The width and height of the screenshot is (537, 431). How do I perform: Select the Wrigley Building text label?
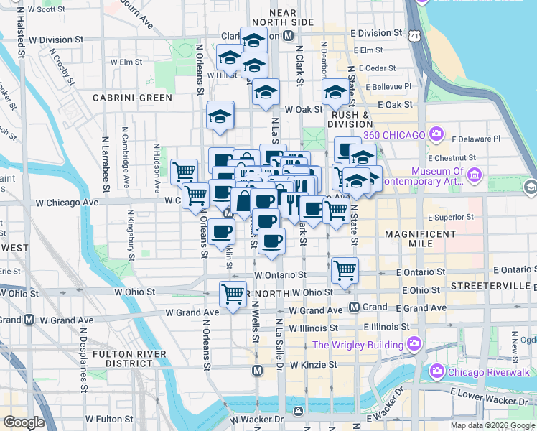click(358, 345)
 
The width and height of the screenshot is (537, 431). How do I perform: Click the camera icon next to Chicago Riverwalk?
click(436, 371)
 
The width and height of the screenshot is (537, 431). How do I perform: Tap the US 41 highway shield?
click(416, 34)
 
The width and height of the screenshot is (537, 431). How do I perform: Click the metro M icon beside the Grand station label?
click(354, 307)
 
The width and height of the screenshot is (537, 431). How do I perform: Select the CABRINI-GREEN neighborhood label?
click(132, 98)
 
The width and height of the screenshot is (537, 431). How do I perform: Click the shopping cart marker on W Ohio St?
click(233, 293)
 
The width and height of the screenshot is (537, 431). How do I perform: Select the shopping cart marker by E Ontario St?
click(345, 270)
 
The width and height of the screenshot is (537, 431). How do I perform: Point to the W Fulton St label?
click(110, 418)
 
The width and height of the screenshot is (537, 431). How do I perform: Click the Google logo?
click(23, 422)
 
